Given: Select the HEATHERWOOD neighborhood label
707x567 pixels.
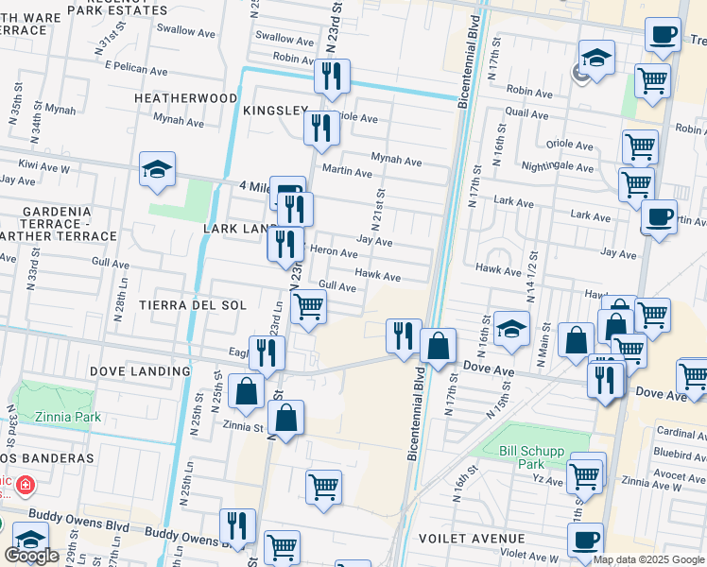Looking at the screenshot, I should pyautogui.click(x=185, y=97).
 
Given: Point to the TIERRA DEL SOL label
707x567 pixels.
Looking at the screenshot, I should pyautogui.click(x=192, y=305).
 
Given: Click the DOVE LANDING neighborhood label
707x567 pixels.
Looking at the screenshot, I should pyautogui.click(x=140, y=371).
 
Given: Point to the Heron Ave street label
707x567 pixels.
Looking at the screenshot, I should pyautogui.click(x=334, y=253).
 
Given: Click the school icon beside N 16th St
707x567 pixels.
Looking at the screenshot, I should pyautogui.click(x=511, y=328).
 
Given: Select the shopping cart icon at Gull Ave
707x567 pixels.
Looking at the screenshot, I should pyautogui.click(x=308, y=306).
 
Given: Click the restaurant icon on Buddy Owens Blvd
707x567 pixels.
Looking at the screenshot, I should pyautogui.click(x=237, y=524).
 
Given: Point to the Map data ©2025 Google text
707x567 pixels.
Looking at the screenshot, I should pyautogui.click(x=649, y=559).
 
